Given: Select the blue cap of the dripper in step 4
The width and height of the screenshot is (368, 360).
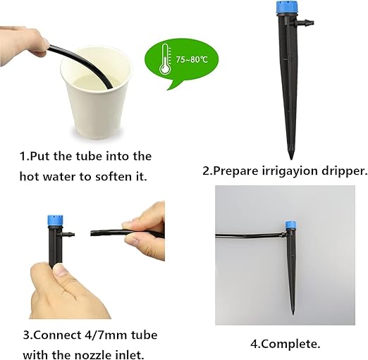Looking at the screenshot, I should [290, 227].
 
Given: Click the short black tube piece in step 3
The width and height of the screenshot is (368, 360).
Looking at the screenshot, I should [113, 232].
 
